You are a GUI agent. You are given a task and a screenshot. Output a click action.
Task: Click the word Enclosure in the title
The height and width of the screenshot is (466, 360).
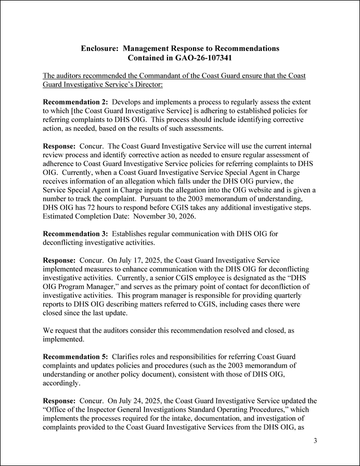pyautogui.click(x=100, y=48)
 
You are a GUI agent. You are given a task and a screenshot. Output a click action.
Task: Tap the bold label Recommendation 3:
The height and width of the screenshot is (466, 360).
pyautogui.click(x=75, y=234)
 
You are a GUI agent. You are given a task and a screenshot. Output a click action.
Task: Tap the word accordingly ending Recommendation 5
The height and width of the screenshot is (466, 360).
pyautogui.click(x=62, y=384)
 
